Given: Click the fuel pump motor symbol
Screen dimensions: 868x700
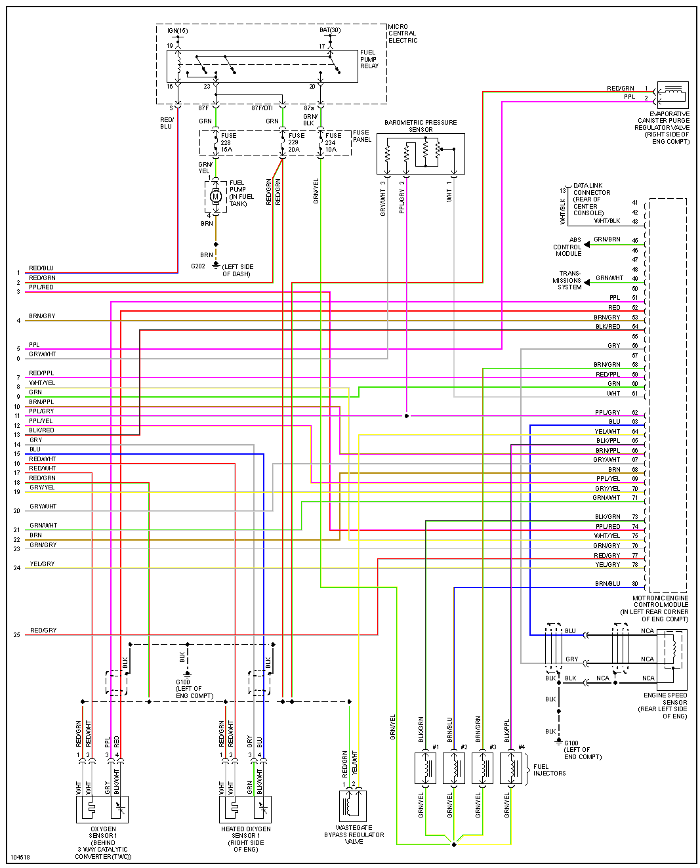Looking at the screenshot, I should click(216, 196).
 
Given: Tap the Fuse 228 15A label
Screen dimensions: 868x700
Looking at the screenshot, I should click(228, 142).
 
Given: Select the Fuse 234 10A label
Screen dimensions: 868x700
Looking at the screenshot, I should click(331, 142).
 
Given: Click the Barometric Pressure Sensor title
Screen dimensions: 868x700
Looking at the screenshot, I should click(421, 126).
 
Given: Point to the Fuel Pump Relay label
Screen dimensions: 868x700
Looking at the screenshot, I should click(369, 59).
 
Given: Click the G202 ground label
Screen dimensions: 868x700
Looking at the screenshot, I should click(198, 266).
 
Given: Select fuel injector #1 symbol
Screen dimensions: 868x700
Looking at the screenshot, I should click(425, 768).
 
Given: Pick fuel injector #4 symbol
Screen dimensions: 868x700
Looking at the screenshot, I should click(510, 768).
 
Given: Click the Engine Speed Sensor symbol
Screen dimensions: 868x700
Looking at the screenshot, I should click(671, 650).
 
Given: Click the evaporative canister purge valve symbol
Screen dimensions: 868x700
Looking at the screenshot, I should click(672, 94).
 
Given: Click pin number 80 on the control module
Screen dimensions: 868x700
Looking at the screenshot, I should click(635, 583).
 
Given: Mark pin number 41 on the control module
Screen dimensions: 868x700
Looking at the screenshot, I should click(635, 203).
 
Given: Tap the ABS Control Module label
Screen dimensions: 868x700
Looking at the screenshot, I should click(568, 247).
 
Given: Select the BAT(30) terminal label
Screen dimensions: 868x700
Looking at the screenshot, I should click(330, 30).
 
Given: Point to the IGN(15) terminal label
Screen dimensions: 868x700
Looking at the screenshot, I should click(177, 31).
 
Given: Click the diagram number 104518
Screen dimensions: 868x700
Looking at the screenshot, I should click(20, 857).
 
